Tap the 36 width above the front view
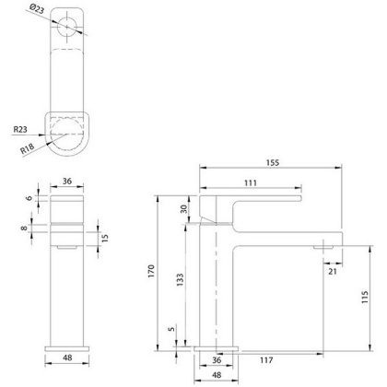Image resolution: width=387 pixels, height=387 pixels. tap(67, 182)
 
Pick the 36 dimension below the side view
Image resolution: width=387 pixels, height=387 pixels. tap(217, 359)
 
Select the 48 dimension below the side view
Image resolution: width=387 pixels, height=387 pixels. tap(217, 376)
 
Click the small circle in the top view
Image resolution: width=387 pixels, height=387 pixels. tap(67, 28)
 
